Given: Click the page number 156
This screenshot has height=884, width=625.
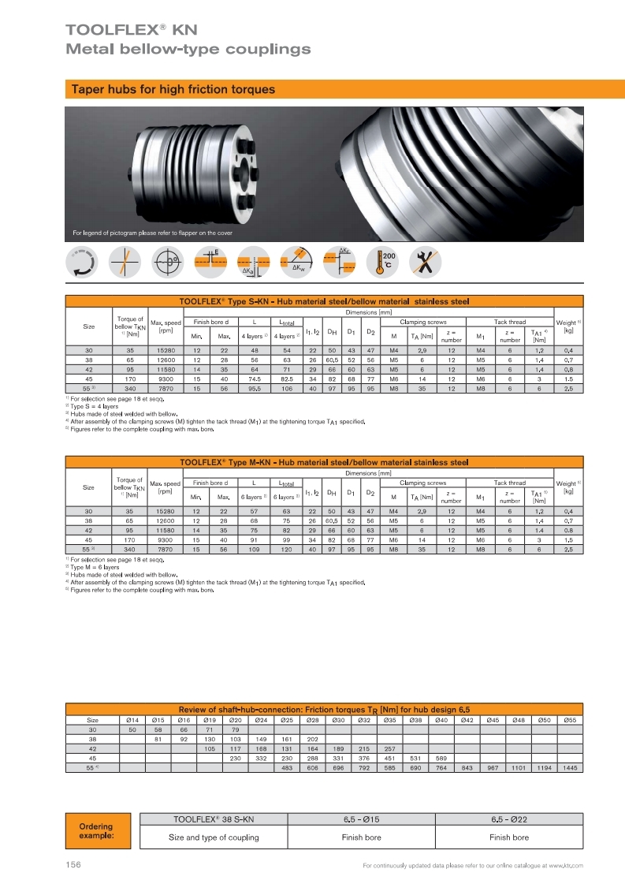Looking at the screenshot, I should tap(73, 865).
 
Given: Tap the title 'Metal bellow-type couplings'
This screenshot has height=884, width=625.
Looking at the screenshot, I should tap(188, 50).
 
